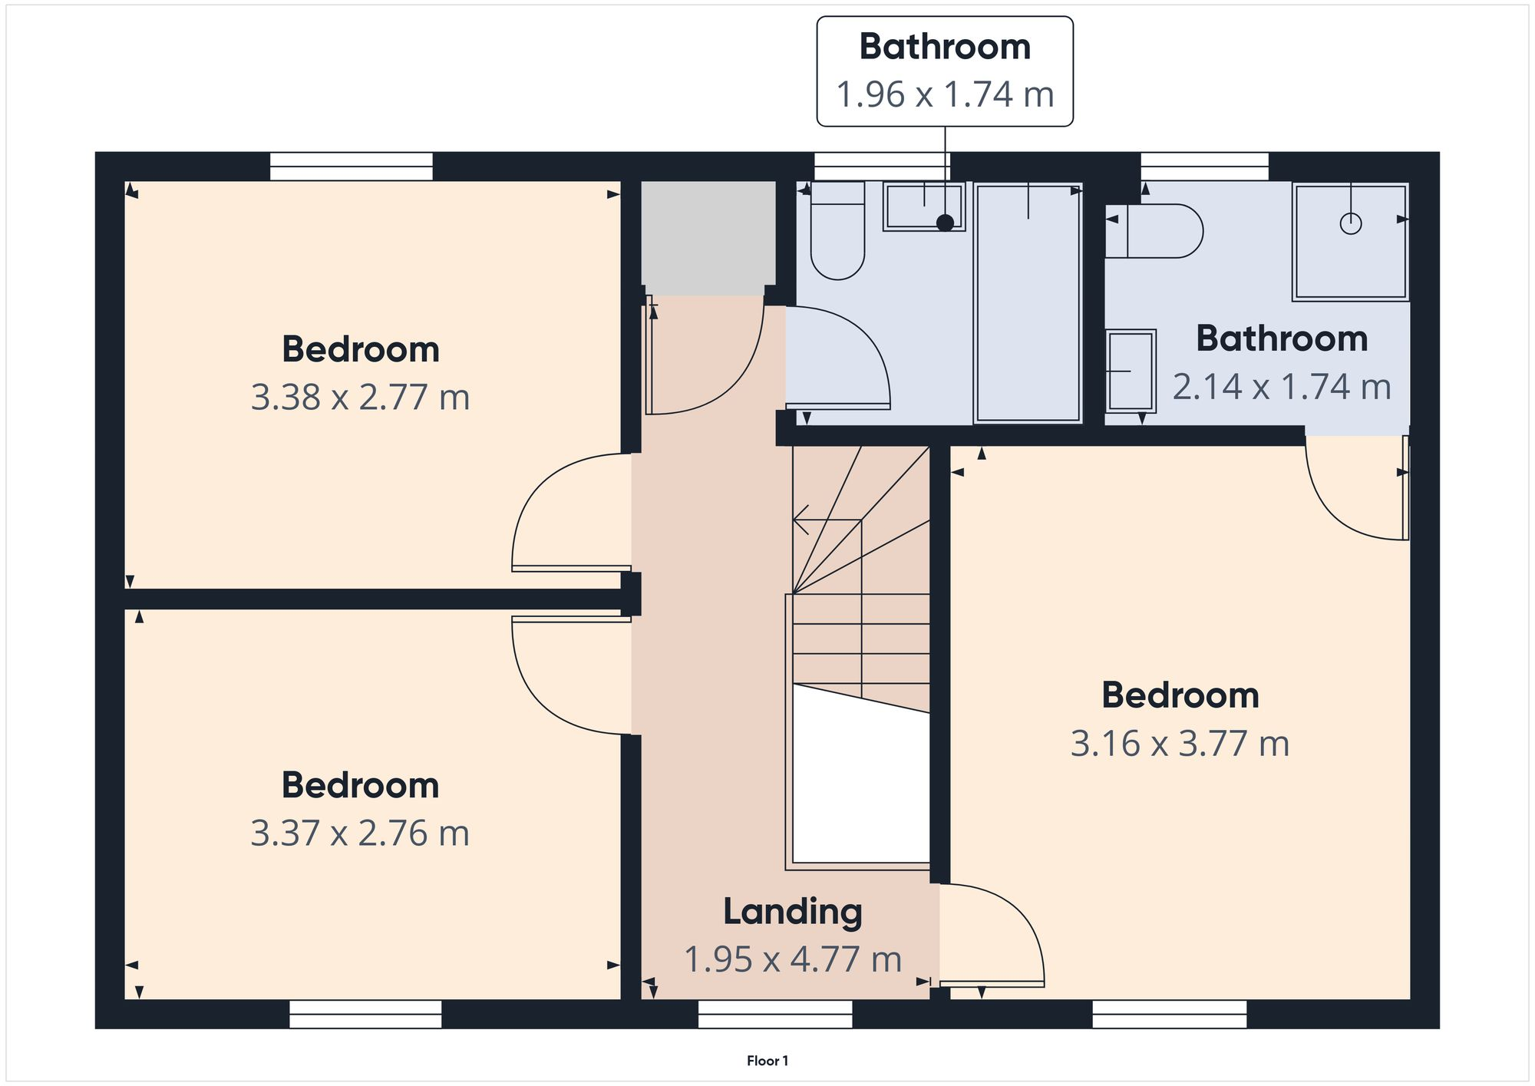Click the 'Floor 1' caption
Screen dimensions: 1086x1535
tap(767, 1061)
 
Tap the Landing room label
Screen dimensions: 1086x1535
tap(793, 912)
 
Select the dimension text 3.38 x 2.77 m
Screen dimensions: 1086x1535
tap(360, 398)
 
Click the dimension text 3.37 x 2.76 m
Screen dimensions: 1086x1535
tap(360, 833)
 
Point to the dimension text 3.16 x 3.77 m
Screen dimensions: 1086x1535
tap(1180, 744)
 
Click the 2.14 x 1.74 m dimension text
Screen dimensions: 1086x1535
tap(1281, 387)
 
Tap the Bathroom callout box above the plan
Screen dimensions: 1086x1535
tap(944, 71)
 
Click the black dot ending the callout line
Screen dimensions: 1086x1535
tap(946, 223)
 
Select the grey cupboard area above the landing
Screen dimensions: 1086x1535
tap(708, 238)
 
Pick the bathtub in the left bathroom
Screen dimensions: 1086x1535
tap(1028, 302)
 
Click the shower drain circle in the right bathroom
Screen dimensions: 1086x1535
tap(1350, 223)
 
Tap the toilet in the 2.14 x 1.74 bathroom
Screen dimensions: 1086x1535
tap(1159, 230)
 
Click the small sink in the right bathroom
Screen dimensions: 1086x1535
tap(1131, 371)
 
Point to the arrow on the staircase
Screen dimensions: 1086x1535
tap(802, 520)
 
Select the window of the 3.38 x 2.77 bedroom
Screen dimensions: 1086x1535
tap(352, 167)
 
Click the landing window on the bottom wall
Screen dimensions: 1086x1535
tap(775, 1013)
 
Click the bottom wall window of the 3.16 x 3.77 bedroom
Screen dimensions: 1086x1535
tap(1169, 1013)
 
